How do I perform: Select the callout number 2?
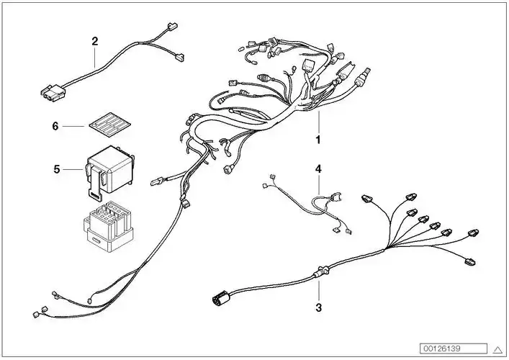pos(94,41)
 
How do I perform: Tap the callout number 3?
pos(318,307)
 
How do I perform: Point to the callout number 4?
pos(317,170)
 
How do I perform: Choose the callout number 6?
pos(55,126)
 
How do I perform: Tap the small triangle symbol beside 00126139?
pos(497,347)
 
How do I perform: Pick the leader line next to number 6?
pos(73,127)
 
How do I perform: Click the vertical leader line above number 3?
pos(318,289)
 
